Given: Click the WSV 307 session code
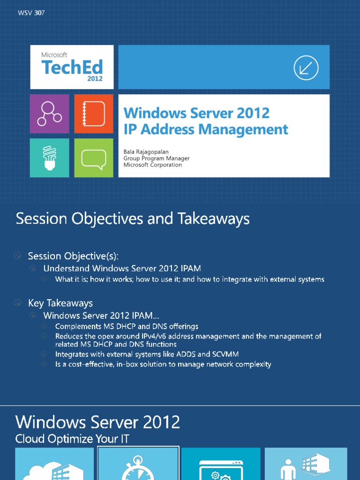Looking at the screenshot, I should [31, 13].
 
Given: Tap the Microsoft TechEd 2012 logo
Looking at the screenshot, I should [72, 67].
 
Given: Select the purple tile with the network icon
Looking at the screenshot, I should [50, 113].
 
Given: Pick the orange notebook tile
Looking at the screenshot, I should [94, 113].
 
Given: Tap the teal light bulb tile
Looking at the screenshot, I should [50, 158].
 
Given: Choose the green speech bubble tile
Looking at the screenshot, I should [94, 158].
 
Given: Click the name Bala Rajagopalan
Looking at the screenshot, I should [146, 152].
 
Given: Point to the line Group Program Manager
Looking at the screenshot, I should [157, 158].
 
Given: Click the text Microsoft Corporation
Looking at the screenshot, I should [153, 165].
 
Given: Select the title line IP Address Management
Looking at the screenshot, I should [206, 129].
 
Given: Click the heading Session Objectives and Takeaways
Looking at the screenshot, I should [133, 218].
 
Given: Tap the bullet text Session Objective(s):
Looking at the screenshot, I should [73, 256].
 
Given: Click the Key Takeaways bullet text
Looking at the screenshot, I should [60, 303].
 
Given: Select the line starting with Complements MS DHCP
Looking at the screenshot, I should [127, 326].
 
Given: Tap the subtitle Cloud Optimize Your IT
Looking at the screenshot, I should [72, 439].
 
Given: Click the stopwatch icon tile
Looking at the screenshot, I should [138, 464].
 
